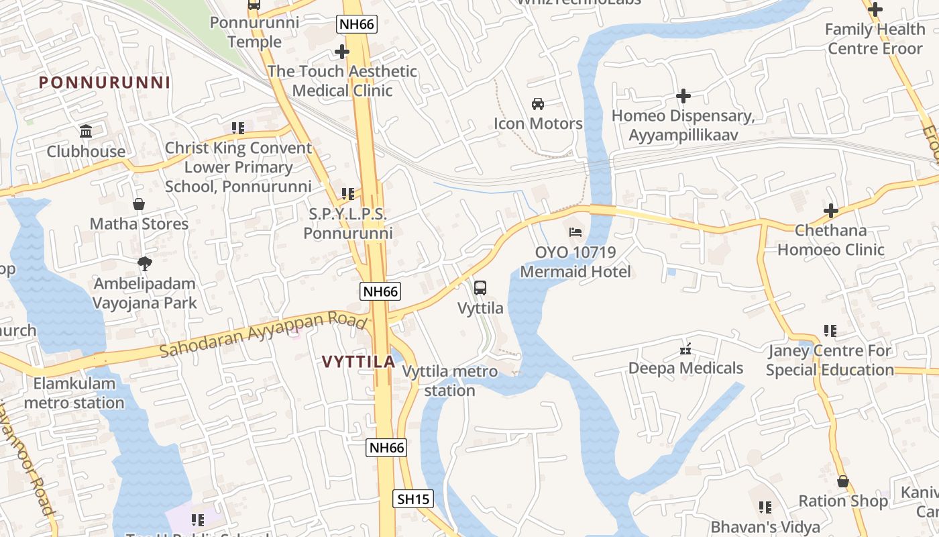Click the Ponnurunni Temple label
245,32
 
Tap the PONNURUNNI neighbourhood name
104,83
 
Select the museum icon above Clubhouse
86,131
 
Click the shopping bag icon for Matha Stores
139,204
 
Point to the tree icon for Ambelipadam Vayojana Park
144,263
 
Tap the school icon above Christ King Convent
237,128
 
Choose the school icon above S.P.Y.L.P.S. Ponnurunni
347,194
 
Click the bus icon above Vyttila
480,288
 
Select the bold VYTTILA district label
358,362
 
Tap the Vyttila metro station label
450,381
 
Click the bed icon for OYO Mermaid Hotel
575,232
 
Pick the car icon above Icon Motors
538,103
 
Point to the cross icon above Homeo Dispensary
683,97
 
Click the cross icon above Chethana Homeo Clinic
830,211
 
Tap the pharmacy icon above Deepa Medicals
685,348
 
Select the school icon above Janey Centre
830,331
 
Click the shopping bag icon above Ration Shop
842,481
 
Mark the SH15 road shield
412,499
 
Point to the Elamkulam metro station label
74,393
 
